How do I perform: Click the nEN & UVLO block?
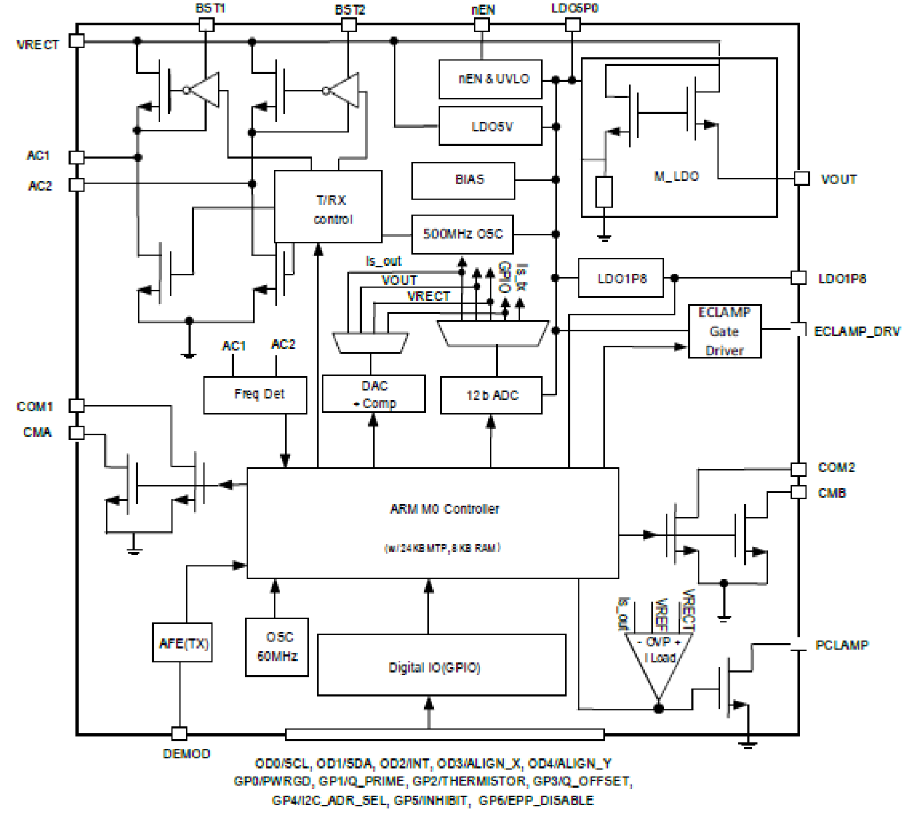[x=490, y=79]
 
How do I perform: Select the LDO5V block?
[x=490, y=126]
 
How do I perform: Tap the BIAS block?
[x=463, y=180]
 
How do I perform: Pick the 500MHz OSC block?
[x=462, y=234]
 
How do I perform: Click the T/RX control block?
[x=327, y=207]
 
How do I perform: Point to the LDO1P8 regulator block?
[x=621, y=278]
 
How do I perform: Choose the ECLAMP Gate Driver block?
[x=725, y=331]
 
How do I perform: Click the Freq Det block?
[x=255, y=394]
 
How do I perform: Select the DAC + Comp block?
[x=373, y=394]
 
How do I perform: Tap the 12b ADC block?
[x=491, y=395]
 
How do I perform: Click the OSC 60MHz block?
[x=277, y=646]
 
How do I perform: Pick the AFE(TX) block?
[x=183, y=643]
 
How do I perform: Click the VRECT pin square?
[x=76, y=41]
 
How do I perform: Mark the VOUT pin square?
[x=801, y=178]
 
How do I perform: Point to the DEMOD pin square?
[x=179, y=734]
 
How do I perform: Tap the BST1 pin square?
[x=207, y=25]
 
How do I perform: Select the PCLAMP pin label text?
[x=841, y=645]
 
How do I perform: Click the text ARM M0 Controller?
[x=444, y=509]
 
